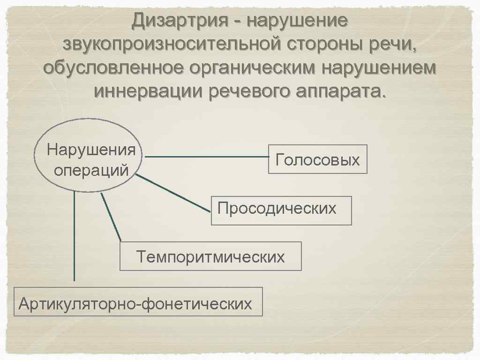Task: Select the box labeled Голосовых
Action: (x=317, y=159)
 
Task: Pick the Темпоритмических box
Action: (x=210, y=256)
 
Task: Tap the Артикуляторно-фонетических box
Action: (x=138, y=301)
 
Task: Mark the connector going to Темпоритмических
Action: (x=111, y=217)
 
